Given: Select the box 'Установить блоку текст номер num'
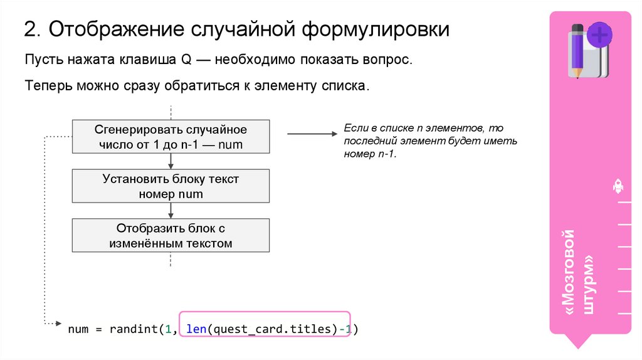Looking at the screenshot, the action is click(171, 186).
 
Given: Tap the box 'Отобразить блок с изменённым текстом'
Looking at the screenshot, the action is click(171, 235).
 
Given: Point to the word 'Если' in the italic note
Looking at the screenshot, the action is click(355, 128).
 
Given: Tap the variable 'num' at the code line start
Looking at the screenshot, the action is click(78, 328).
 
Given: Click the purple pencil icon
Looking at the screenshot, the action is click(577, 50).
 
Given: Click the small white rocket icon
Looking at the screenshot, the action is click(618, 186).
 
